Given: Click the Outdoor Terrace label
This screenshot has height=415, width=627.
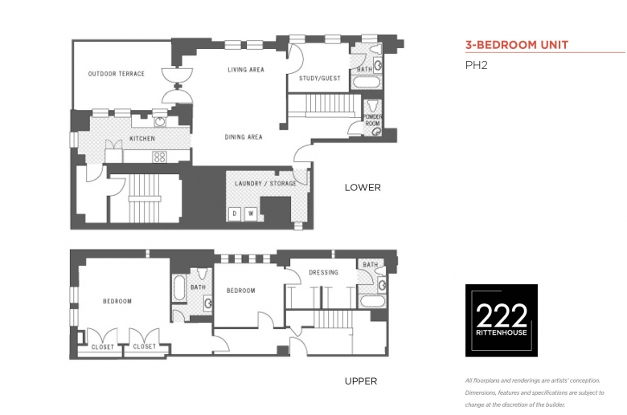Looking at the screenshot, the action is (117, 74).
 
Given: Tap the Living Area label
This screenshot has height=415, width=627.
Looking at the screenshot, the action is (246, 70).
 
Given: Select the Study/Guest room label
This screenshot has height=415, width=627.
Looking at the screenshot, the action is (320, 79).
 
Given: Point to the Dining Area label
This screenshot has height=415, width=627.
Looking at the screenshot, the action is (244, 137).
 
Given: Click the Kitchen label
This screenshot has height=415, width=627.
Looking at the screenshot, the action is (142, 139).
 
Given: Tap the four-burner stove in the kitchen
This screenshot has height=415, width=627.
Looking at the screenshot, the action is (159, 157).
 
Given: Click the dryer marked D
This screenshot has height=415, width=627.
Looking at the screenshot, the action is (235, 214).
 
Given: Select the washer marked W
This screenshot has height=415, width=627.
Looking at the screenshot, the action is (251, 214).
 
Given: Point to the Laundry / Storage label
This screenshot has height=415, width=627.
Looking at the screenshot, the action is (265, 183).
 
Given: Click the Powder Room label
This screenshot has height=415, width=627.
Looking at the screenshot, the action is (372, 120).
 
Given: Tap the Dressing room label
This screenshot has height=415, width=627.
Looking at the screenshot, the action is (323, 272).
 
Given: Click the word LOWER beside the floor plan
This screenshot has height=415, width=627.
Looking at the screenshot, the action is (363, 187).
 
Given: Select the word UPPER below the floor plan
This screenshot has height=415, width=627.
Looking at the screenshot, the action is (361, 381).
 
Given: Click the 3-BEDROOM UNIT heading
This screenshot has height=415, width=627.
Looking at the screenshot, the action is (517, 45).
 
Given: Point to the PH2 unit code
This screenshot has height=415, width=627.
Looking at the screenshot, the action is (476, 65).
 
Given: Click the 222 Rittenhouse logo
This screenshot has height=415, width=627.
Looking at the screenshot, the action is (502, 320).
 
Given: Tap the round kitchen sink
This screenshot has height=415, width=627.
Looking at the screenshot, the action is (160, 122).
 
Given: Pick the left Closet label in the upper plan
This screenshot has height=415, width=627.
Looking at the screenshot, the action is (103, 347).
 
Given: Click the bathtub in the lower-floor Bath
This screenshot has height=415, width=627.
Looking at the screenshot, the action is (367, 83).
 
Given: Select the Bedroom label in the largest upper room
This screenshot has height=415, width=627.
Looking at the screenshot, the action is (117, 301).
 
